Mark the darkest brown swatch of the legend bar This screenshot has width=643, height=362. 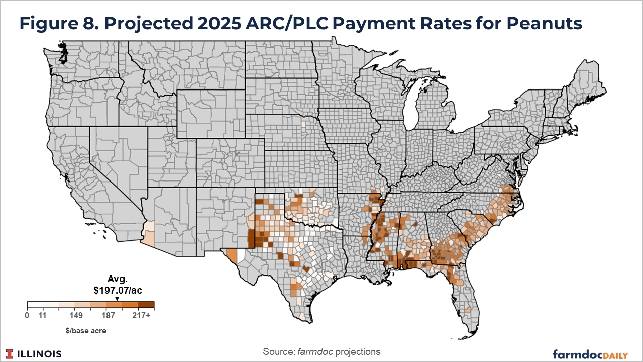pyautogui.click(x=146, y=304)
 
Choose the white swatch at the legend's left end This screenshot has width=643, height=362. pyautogui.click(x=35, y=304)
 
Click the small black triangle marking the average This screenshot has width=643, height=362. pyautogui.click(x=117, y=298)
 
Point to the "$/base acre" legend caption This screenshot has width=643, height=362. pyautogui.click(x=90, y=330)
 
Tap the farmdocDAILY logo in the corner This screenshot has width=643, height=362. pyautogui.click(x=590, y=354)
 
